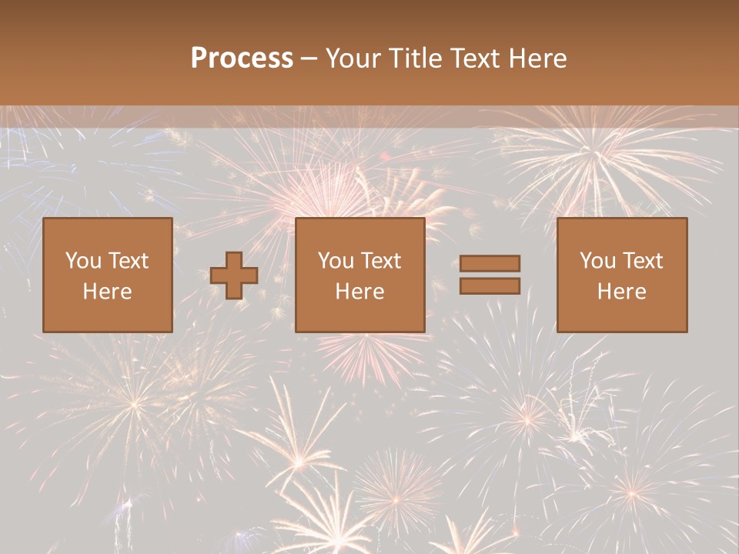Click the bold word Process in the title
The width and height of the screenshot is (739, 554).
coord(242,58)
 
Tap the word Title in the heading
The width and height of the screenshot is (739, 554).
coord(415,58)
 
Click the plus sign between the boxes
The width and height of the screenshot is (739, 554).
coord(234,275)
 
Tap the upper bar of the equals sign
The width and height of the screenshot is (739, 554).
coord(490,263)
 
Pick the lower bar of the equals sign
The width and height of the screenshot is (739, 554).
coord(490,285)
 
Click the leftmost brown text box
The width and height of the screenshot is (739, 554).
coord(108,275)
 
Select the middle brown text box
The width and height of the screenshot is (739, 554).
coord(360,275)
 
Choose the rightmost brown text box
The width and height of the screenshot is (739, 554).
coord(622,275)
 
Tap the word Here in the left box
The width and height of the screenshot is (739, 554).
coord(108,292)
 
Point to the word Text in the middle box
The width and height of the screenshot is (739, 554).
coord(381,261)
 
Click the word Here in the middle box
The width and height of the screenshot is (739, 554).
coord(360,292)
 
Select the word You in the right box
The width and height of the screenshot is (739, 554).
coord(597,261)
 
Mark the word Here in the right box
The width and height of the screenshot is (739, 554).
coord(622,292)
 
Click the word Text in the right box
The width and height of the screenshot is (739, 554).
coord(643,261)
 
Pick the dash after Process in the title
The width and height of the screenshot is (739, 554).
coord(309,59)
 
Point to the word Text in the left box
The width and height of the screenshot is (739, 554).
coord(129,261)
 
